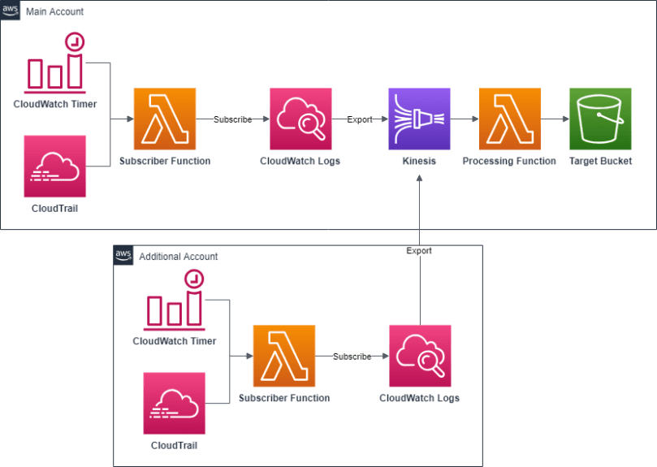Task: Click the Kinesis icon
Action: pyautogui.click(x=419, y=119)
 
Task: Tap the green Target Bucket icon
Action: pyautogui.click(x=600, y=119)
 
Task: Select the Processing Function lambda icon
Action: pyautogui.click(x=509, y=119)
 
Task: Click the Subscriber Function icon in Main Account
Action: pyautogui.click(x=165, y=119)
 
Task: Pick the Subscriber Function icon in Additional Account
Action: pyautogui.click(x=284, y=356)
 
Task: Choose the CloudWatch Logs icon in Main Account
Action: pyautogui.click(x=300, y=119)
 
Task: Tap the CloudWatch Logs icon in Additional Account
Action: pyautogui.click(x=420, y=356)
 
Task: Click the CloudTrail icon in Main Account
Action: pyautogui.click(x=55, y=166)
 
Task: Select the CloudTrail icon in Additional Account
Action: pyautogui.click(x=175, y=404)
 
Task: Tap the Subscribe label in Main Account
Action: pyautogui.click(x=232, y=119)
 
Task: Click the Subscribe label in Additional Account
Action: pyautogui.click(x=352, y=357)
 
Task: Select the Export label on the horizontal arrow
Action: pyautogui.click(x=360, y=119)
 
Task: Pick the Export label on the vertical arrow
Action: pyautogui.click(x=419, y=251)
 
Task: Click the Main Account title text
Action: pyautogui.click(x=54, y=11)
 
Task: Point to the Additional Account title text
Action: pyautogui.click(x=179, y=257)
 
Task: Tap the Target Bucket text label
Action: pyautogui.click(x=600, y=161)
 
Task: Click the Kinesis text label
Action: pyautogui.click(x=419, y=161)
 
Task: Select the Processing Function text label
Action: pyautogui.click(x=509, y=161)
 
